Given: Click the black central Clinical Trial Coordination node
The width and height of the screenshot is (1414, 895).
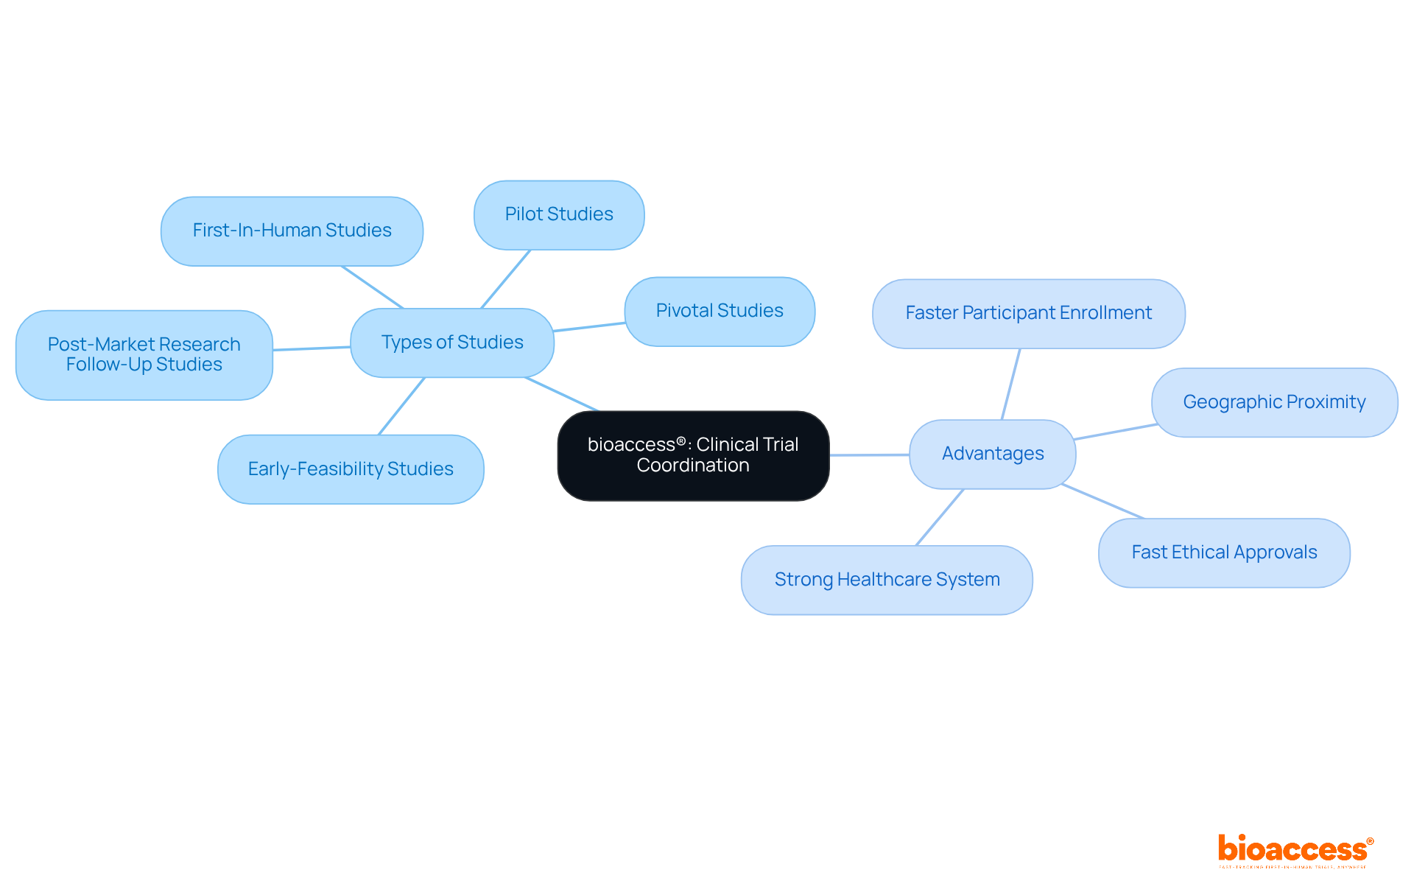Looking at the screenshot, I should click(693, 455).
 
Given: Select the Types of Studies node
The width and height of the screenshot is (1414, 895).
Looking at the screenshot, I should click(452, 343).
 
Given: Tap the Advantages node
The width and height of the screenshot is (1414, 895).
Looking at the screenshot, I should click(992, 454).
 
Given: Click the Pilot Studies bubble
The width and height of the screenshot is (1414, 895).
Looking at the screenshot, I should click(559, 214).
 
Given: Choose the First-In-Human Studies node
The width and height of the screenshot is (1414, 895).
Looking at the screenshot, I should click(292, 231).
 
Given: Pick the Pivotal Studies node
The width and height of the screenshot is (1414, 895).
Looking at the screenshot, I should click(720, 311).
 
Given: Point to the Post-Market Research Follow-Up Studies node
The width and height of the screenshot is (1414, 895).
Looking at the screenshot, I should click(144, 354).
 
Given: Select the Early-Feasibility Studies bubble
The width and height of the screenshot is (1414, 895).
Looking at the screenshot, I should click(351, 469).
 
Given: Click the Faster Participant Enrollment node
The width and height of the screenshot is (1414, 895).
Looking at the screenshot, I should click(1028, 313).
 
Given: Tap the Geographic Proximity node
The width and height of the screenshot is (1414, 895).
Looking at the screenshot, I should click(1274, 402).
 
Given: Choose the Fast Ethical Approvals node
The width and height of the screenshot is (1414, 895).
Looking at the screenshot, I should click(1224, 552).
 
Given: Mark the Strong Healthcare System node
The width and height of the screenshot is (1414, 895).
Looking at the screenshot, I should click(887, 580).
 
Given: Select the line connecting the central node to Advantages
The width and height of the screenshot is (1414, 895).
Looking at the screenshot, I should click(869, 454).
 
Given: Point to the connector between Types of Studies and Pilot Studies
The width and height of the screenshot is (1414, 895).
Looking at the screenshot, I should click(505, 279).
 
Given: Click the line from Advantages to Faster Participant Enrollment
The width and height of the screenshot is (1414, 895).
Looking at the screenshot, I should click(1010, 384).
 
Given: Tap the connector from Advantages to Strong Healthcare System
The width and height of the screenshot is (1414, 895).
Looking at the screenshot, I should click(940, 517).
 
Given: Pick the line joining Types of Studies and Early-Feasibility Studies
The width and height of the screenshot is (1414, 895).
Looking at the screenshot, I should click(401, 406).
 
